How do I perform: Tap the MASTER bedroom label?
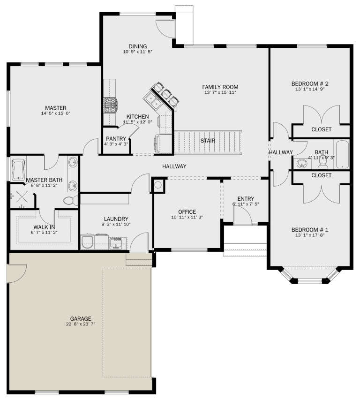point(55,107)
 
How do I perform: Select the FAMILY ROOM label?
point(220,87)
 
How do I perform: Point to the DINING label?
point(138,46)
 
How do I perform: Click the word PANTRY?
point(116,139)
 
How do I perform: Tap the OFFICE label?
point(187,212)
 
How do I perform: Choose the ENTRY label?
point(246,198)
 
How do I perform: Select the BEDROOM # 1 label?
point(310,230)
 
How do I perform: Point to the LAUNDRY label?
point(116,219)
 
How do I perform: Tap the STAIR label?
point(208,140)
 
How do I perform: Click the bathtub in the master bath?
point(19,169)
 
